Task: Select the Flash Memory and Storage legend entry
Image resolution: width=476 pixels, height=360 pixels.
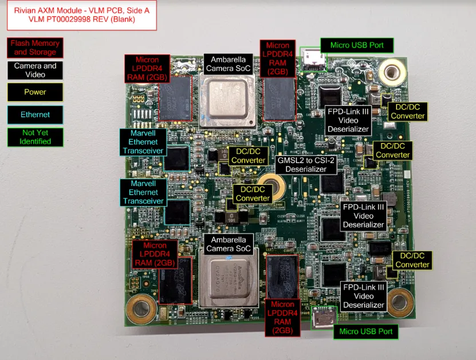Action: [x=36, y=48]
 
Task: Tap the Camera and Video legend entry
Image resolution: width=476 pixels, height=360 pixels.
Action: [x=36, y=70]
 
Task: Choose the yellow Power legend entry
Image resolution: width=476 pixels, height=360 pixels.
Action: [x=36, y=92]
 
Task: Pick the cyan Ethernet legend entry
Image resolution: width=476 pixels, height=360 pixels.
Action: [x=36, y=114]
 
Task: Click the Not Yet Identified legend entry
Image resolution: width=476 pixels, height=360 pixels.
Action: [x=36, y=137]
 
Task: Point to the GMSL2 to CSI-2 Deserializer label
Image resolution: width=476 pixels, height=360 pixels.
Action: [x=306, y=165]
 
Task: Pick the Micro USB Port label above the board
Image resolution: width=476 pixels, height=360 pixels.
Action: [x=357, y=45]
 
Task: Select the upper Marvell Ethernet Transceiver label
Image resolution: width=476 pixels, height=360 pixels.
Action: [x=143, y=142]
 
